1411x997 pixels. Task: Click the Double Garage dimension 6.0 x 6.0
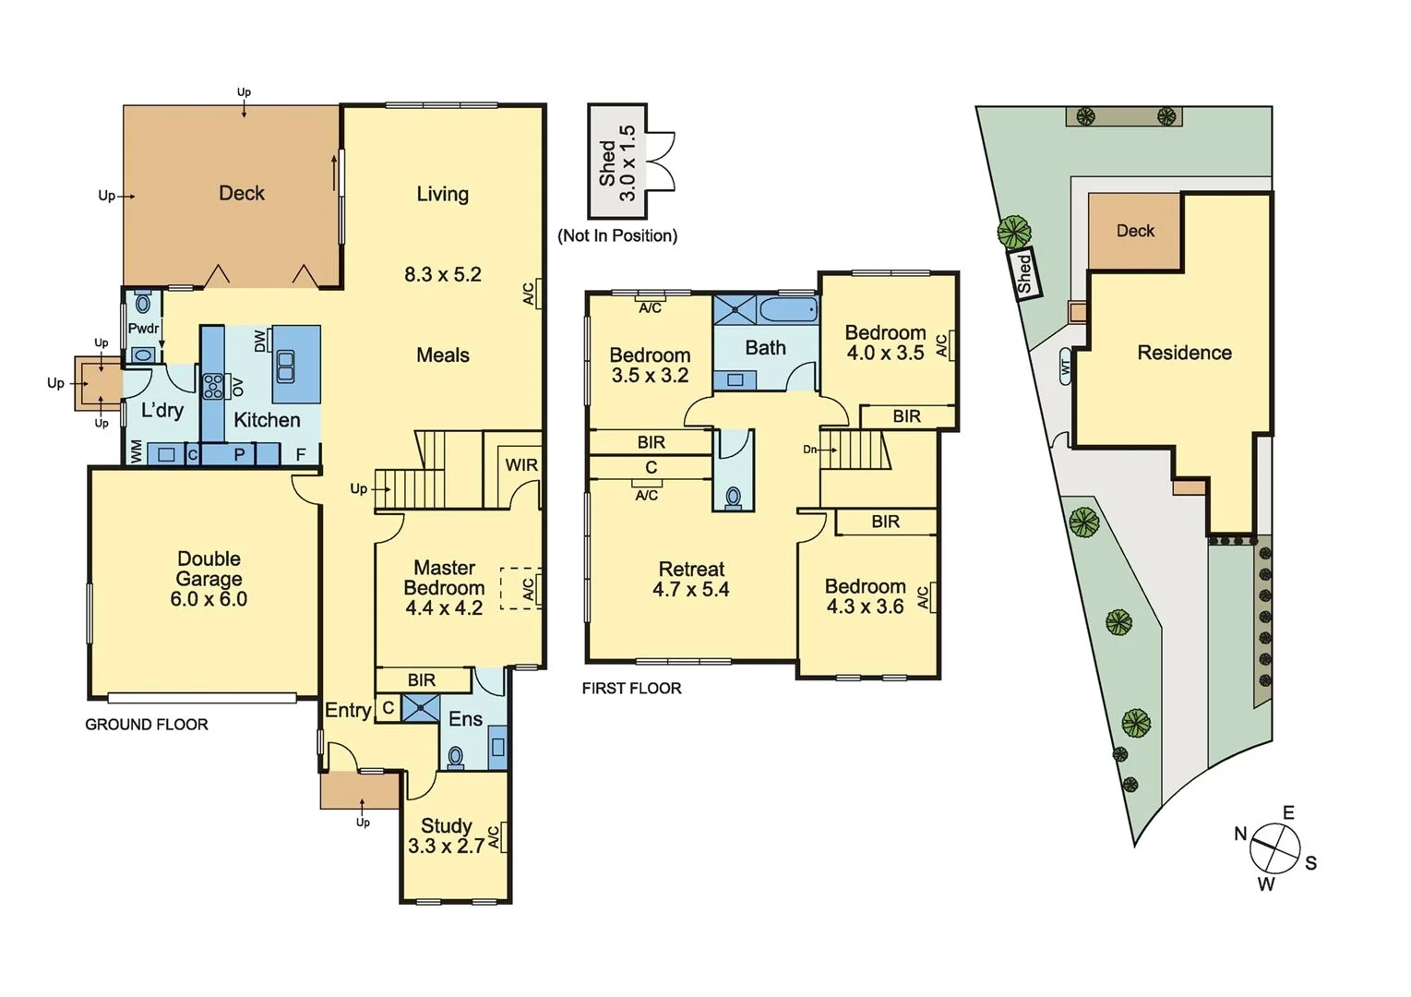tap(209, 599)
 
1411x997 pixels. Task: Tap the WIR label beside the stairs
tap(521, 465)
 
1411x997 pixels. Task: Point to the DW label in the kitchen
tap(260, 341)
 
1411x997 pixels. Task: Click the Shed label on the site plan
tap(1023, 274)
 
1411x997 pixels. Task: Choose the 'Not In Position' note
tap(617, 236)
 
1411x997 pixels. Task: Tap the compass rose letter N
tap(1240, 835)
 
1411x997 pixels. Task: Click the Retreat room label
tap(691, 570)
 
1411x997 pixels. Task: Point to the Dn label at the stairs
tap(809, 450)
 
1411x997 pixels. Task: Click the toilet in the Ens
tap(455, 757)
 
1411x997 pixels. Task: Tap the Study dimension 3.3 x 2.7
tap(446, 847)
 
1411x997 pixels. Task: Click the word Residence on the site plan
tap(1184, 353)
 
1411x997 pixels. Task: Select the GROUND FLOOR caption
tap(147, 725)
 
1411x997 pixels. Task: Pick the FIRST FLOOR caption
tap(631, 689)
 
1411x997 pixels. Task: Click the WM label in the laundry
tap(137, 452)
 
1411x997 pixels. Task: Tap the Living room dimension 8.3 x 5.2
tap(442, 274)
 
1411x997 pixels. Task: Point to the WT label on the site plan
tap(1066, 366)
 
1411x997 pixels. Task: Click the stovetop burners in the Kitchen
tap(213, 385)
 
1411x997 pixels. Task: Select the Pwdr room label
tap(143, 329)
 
